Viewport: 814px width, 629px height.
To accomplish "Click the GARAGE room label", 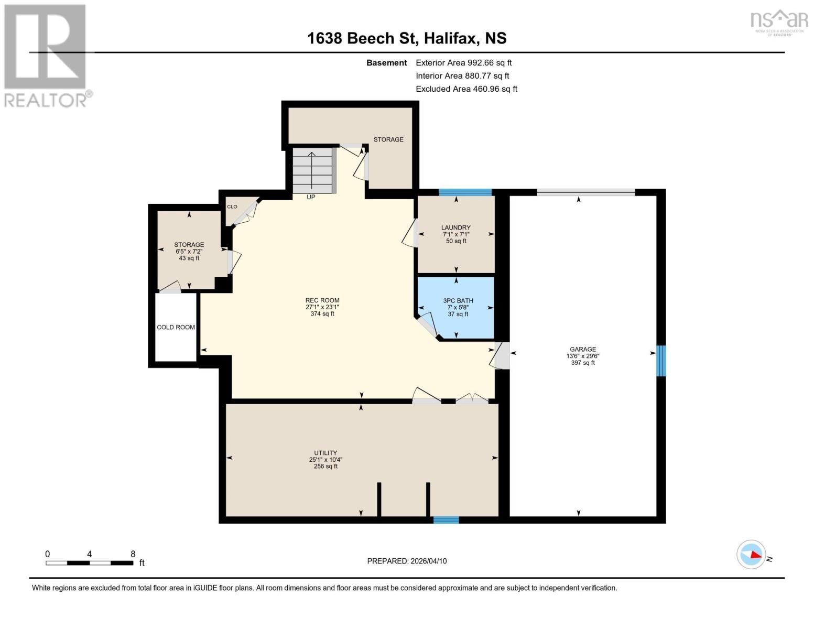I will (583, 350).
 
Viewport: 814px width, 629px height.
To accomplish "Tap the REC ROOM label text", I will (322, 301).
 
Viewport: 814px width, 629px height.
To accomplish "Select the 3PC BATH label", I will (458, 301).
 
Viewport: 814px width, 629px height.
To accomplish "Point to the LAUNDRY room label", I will (455, 228).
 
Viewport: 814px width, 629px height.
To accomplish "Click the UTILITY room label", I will (325, 453).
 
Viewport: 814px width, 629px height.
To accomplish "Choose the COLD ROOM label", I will (176, 327).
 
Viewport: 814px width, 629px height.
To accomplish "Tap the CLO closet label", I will (232, 207).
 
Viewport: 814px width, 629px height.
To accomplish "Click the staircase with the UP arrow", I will (312, 170).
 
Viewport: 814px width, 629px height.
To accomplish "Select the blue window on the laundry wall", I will (465, 192).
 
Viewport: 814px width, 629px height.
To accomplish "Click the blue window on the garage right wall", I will (661, 361).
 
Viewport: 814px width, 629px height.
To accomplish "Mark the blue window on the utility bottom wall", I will (446, 519).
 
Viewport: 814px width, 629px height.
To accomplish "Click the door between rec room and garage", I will (502, 355).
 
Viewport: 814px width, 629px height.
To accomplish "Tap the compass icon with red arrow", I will (751, 554).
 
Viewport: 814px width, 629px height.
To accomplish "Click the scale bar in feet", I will (89, 562).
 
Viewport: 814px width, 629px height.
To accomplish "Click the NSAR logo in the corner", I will (779, 21).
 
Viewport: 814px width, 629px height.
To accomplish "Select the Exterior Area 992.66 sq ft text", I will (463, 62).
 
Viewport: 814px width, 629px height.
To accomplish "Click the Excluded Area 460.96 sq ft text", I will (466, 89).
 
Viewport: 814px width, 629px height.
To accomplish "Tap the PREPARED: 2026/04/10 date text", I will (407, 561).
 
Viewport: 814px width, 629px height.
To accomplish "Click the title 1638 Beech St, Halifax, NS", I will (407, 38).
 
